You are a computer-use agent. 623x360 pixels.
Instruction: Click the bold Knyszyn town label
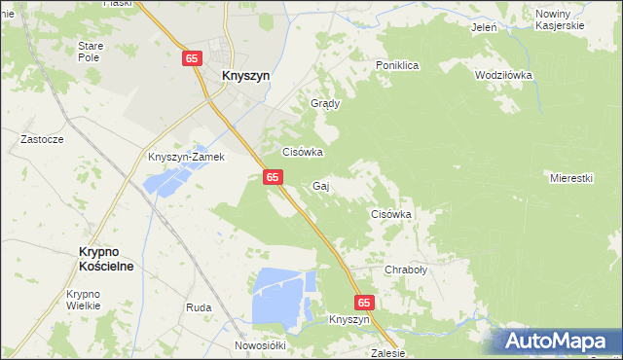pos(245,75)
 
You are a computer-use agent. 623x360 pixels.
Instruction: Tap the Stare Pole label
pos(91,52)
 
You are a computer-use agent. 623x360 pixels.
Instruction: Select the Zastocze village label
pos(42,139)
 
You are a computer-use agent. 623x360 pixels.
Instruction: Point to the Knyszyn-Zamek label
pos(186,157)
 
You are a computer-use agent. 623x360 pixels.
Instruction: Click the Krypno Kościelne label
pos(105,257)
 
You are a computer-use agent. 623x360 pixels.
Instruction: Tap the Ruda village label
pos(199,307)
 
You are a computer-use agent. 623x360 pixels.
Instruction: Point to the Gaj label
pos(320,186)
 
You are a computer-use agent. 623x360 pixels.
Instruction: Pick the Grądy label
pos(323,103)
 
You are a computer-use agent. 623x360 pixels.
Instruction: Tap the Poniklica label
pos(397,65)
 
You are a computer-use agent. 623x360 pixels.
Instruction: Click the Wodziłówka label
pos(502,75)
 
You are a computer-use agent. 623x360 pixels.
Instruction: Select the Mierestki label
pos(571,178)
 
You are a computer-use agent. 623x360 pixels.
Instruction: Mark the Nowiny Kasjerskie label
pos(559,19)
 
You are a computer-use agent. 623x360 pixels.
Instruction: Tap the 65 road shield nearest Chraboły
pos(364,303)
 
